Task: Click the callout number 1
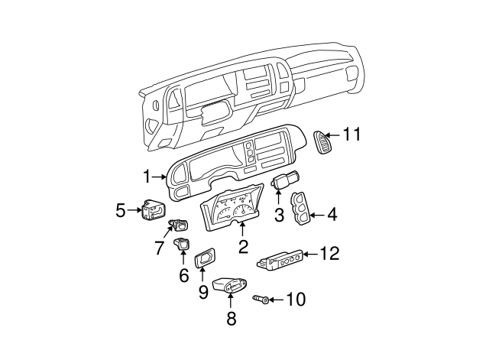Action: (146, 177)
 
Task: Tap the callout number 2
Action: (243, 246)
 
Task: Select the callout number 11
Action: (351, 135)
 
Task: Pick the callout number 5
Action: (121, 209)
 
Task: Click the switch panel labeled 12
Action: (282, 261)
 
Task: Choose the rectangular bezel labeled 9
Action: (204, 260)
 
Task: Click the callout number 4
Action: (332, 216)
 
